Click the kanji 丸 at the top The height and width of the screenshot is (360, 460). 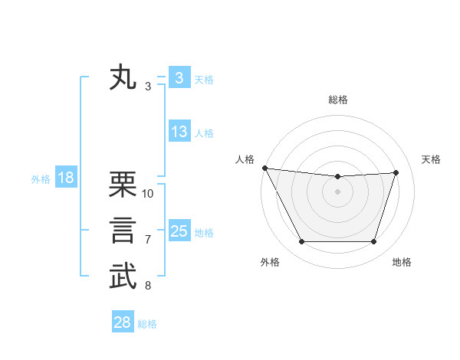pyautogui.click(x=123, y=78)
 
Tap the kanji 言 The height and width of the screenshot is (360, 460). pyautogui.click(x=123, y=231)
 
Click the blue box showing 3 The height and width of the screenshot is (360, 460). pyautogui.click(x=179, y=78)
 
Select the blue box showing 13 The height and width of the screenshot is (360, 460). pyautogui.click(x=179, y=132)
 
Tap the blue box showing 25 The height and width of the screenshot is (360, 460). pyautogui.click(x=179, y=231)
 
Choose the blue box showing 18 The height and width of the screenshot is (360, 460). pyautogui.click(x=65, y=178)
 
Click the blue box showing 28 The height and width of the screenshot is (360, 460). pyautogui.click(x=123, y=322)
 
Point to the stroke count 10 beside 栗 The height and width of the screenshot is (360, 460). pyautogui.click(x=148, y=194)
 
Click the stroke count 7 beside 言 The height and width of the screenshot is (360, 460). pyautogui.click(x=148, y=240)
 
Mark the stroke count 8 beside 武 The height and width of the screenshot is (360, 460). pyautogui.click(x=148, y=286)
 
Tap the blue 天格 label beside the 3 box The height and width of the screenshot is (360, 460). pyautogui.click(x=204, y=80)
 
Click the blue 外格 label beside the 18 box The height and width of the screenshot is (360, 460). pyautogui.click(x=41, y=179)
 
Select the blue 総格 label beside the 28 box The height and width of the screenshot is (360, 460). pyautogui.click(x=147, y=324)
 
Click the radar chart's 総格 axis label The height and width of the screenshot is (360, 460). pyautogui.click(x=337, y=100)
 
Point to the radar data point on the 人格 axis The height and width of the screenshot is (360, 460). pyautogui.click(x=264, y=168)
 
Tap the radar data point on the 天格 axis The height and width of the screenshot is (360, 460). pyautogui.click(x=396, y=172)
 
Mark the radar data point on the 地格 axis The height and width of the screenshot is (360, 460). pyautogui.click(x=374, y=242)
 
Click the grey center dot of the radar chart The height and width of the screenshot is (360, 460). pyautogui.click(x=337, y=191)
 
